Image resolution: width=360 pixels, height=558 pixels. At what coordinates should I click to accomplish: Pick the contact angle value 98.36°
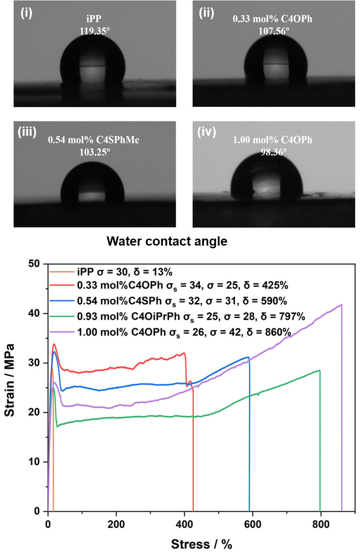click(x=272, y=152)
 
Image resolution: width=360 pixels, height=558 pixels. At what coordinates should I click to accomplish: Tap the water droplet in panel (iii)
click(x=92, y=185)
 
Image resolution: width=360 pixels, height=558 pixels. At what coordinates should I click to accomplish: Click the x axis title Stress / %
click(x=201, y=544)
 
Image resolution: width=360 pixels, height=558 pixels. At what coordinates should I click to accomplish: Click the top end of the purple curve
click(x=341, y=304)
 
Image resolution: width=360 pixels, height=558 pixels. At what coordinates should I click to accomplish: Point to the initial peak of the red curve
click(x=54, y=344)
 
